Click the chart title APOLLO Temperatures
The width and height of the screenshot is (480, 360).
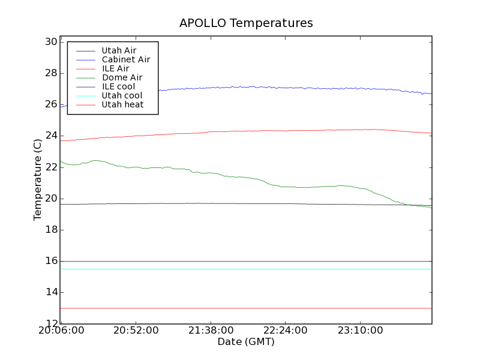pos(246,23)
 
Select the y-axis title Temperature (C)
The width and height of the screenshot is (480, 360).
pos(38,179)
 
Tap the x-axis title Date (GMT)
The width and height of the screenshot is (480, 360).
pos(246,342)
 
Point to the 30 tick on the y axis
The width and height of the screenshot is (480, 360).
pos(50,42)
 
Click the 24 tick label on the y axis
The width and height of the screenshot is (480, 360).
pos(50,136)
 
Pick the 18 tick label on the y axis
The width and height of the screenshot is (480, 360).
pos(50,230)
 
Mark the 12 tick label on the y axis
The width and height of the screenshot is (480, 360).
pos(50,323)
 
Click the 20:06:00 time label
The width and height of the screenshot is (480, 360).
pos(62,331)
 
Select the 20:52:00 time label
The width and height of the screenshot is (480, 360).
pos(136,331)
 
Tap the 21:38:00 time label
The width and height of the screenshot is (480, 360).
pos(211,331)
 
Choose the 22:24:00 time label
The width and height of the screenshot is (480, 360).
pos(285,331)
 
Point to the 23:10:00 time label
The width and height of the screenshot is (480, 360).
pos(359,331)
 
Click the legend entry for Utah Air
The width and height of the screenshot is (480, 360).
pos(119,50)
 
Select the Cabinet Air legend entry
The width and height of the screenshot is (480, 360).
pos(125,59)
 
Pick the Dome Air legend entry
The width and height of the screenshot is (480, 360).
pos(122,77)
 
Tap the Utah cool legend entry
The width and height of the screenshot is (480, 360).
pos(122,95)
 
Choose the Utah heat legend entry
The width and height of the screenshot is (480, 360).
pos(122,104)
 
